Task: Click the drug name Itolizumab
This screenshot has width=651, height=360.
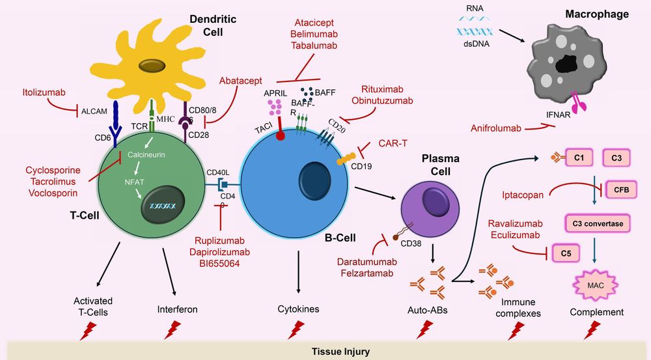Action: coord(44,92)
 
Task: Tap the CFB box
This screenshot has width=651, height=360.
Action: coord(621,189)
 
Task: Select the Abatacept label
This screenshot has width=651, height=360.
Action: coord(240,81)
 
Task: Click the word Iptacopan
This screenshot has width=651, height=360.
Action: coord(523,193)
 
